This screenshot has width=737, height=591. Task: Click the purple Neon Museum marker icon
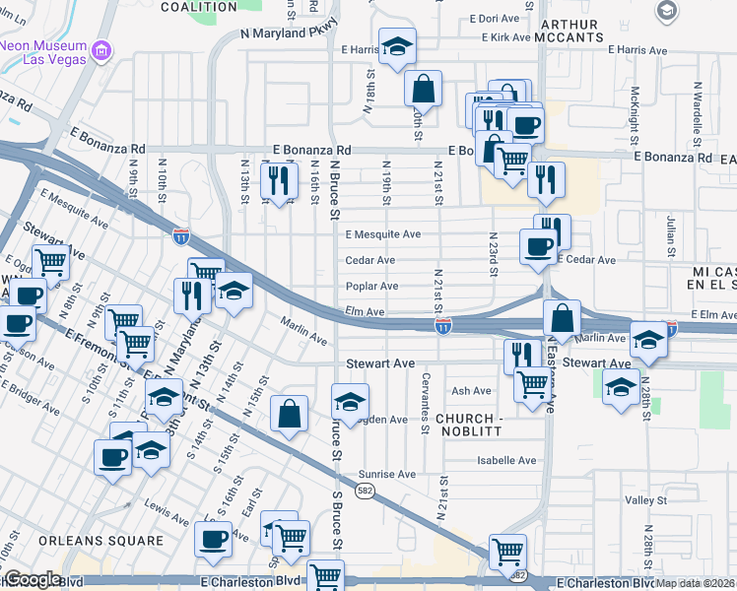pyautogui.click(x=100, y=50)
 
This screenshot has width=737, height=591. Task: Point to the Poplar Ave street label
pyautogui.click(x=371, y=287)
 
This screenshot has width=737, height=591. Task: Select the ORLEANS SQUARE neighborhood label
pyautogui.click(x=100, y=541)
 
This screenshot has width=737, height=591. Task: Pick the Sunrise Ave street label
pyautogui.click(x=386, y=474)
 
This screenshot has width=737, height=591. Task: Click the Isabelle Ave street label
pyautogui.click(x=506, y=460)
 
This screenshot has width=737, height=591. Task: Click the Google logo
pyautogui.click(x=32, y=579)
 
